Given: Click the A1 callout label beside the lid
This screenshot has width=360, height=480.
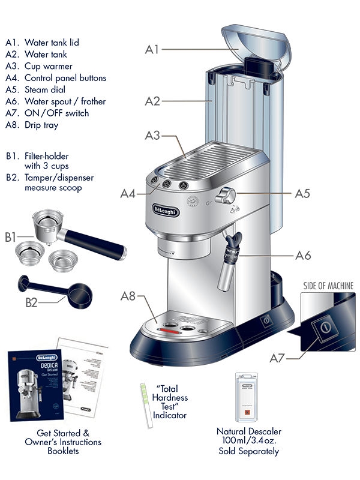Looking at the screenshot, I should point(151,49).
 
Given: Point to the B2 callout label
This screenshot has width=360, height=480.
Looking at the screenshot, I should point(31,302).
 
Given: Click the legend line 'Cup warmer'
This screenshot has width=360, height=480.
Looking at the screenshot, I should point(48,66).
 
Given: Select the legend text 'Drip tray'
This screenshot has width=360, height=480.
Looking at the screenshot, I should point(41,125).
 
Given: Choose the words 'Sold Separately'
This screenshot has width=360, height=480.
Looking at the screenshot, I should point(248,451).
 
